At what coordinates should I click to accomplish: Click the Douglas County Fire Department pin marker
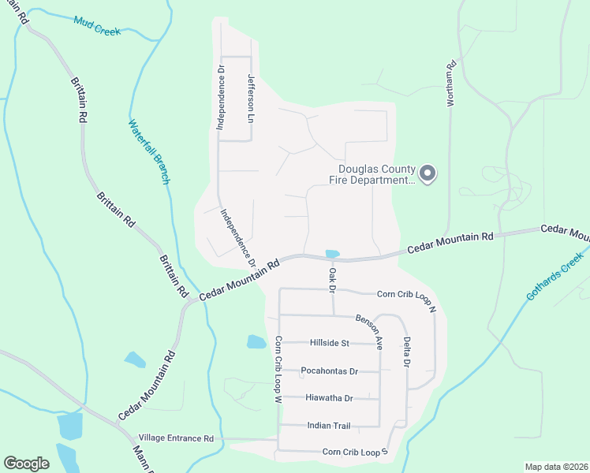[428, 173]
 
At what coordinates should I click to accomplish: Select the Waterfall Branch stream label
[148, 152]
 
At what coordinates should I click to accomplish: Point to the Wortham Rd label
[452, 87]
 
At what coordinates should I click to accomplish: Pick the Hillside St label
[329, 343]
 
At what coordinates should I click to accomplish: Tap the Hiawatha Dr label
[330, 398]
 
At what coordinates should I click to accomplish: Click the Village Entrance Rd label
[176, 438]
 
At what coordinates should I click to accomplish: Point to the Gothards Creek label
[555, 275]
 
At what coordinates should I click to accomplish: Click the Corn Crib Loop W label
[278, 370]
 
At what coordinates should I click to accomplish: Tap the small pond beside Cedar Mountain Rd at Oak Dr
[332, 254]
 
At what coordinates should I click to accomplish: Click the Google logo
[26, 464]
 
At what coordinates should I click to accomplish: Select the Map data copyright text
[555, 467]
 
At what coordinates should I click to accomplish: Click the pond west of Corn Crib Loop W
[256, 341]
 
